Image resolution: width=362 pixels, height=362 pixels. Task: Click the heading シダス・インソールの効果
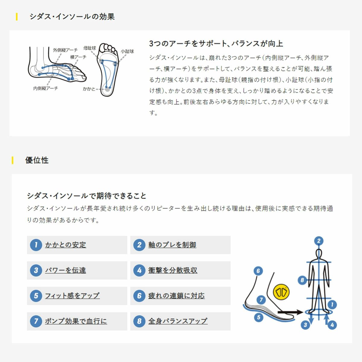pos(72,17)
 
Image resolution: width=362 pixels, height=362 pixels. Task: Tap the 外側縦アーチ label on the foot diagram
pos(65,50)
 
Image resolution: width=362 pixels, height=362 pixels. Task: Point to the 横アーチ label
pos(78,57)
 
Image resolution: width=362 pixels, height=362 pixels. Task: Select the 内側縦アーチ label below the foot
pos(46,88)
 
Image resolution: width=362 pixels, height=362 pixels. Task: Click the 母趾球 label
pos(90,48)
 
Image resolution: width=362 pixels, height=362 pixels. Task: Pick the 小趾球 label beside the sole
pos(127,51)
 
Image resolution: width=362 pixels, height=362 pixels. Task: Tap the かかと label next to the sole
pos(89,89)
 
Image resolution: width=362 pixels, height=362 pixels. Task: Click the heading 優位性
pos(37,160)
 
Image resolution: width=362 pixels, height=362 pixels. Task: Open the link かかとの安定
pos(65,245)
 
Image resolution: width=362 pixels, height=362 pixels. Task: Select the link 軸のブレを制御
pos(172,245)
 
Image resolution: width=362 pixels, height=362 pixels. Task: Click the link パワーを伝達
pos(65,270)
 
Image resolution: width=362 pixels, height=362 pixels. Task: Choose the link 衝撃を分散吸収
pos(173,270)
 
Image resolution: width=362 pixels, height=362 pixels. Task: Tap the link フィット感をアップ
pos(72,296)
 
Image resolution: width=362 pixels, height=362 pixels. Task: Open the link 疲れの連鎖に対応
pos(176,296)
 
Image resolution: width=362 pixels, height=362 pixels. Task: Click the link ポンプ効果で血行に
pos(76,321)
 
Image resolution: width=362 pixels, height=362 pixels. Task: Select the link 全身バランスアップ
pos(178,321)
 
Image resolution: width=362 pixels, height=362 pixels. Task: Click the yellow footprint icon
pos(281,292)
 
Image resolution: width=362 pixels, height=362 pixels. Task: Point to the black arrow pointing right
pos(291,313)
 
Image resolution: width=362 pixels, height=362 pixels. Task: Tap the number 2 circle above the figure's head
pos(319,241)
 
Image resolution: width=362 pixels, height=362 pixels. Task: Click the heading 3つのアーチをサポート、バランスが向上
pos(216,44)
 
